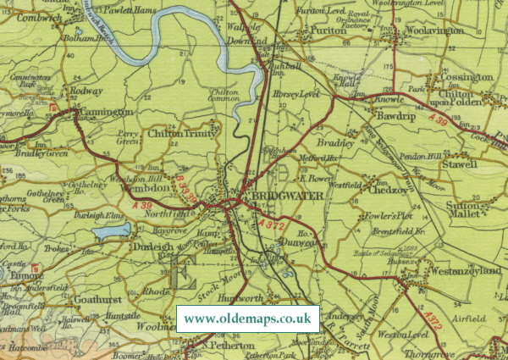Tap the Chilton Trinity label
(x=183, y=133)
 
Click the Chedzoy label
(x=385, y=189)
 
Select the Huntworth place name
(x=241, y=301)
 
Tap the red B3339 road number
(x=188, y=185)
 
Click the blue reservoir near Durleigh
(x=109, y=231)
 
